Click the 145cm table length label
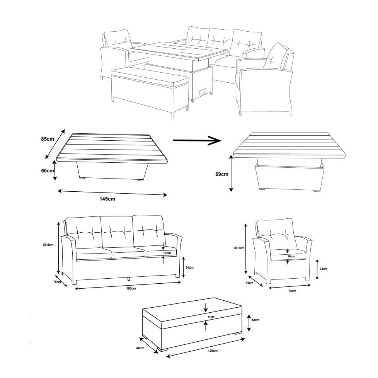[107, 199]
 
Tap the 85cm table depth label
[48, 139]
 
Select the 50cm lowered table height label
[48, 170]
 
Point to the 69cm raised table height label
[221, 174]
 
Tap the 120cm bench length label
[212, 351]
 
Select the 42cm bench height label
[255, 320]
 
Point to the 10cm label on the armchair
[291, 256]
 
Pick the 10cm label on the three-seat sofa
[167, 253]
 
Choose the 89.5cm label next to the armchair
[240, 248]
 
